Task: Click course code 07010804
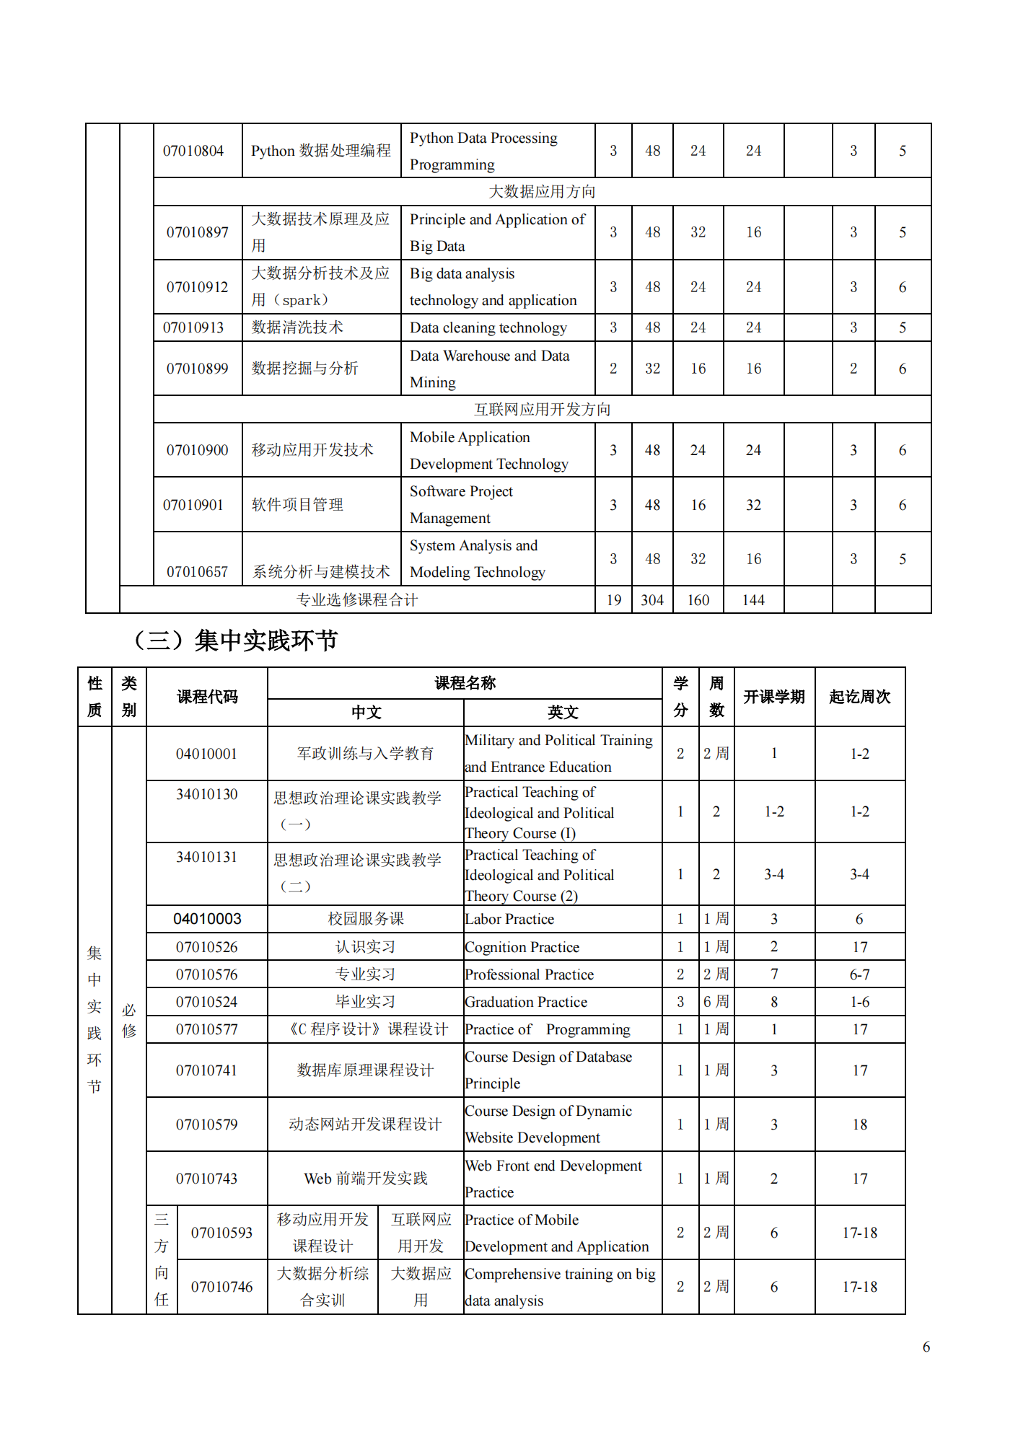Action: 193,151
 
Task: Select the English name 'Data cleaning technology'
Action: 488,327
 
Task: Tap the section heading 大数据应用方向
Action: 542,192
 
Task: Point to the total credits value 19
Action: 613,600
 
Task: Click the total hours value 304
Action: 652,600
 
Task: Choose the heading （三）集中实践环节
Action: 234,640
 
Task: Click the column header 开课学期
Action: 773,697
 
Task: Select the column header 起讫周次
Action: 859,697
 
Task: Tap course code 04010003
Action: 207,919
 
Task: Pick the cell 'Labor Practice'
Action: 509,919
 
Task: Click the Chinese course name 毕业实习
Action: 365,1002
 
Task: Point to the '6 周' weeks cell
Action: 716,1002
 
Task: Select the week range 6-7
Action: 859,974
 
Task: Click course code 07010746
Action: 221,1287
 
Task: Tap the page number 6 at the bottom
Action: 926,1347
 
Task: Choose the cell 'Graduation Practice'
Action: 526,1002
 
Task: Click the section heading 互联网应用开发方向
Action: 542,410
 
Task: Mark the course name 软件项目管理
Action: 297,505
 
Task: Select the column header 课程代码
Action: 207,697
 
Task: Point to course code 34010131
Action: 206,857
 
